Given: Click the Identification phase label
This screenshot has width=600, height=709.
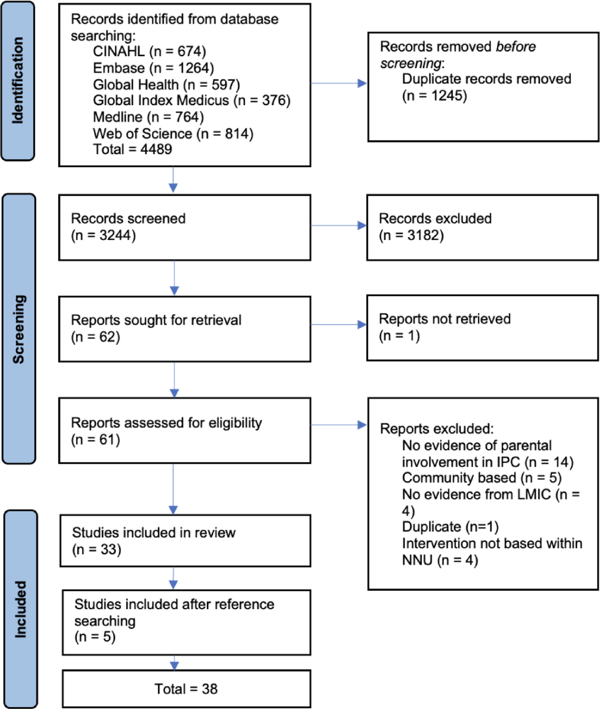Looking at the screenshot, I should (x=18, y=81).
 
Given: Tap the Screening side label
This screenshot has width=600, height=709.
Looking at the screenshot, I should (x=18, y=329).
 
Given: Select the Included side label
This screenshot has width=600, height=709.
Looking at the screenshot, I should (x=20, y=609).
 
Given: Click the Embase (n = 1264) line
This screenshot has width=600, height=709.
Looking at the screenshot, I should (x=153, y=68).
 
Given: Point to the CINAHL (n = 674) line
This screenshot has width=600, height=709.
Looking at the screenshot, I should (x=149, y=51).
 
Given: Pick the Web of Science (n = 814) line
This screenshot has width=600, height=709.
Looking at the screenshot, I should (x=173, y=133).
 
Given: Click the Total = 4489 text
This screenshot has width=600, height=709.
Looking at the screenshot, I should (x=132, y=149).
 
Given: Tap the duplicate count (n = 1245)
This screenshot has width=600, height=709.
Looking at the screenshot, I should (x=434, y=95).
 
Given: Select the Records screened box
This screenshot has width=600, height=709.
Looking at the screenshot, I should (x=184, y=227).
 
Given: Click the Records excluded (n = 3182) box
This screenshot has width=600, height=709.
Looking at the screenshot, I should (x=482, y=227).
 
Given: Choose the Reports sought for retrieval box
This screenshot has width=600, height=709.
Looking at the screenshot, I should (x=184, y=329).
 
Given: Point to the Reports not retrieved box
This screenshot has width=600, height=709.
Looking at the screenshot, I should (x=482, y=328).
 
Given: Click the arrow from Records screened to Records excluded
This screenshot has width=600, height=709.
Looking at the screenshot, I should (x=338, y=225).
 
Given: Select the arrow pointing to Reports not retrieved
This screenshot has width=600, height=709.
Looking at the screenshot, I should (x=338, y=325).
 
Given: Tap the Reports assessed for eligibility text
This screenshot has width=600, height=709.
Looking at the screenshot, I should (x=166, y=423).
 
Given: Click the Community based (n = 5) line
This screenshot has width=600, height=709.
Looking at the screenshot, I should (x=481, y=478).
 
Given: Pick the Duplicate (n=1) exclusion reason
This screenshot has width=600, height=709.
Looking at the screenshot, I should (x=450, y=527).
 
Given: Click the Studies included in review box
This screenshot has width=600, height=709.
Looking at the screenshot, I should (x=185, y=541).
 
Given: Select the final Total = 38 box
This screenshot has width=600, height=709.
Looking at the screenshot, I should (x=186, y=689).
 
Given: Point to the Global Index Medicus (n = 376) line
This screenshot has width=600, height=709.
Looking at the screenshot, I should (x=191, y=100).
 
